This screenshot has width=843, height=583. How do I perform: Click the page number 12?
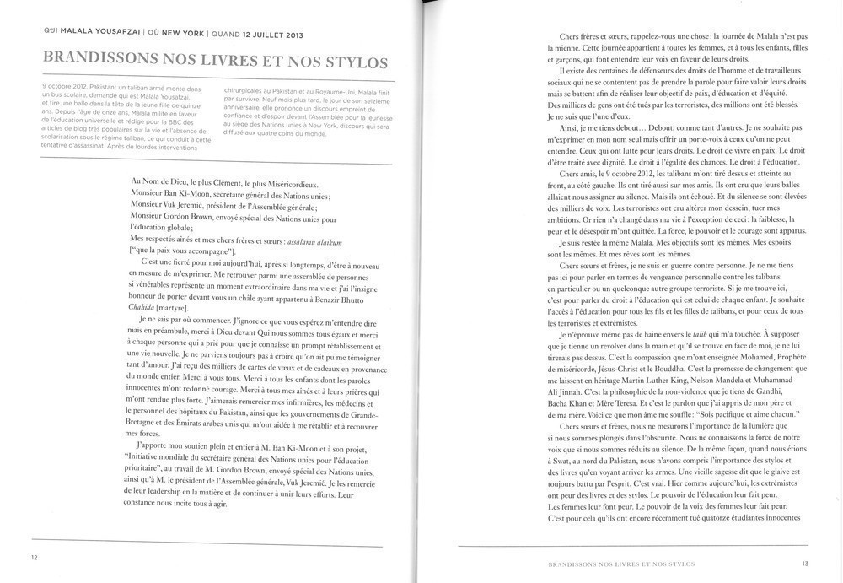tap(34, 557)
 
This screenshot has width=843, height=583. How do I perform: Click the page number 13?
tap(805, 563)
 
